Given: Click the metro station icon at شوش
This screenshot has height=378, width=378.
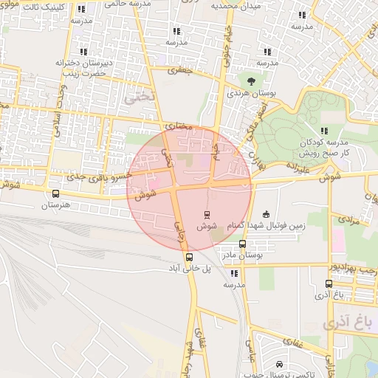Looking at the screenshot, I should pos(207,214).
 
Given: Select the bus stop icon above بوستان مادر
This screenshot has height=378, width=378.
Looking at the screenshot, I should pos(242,244).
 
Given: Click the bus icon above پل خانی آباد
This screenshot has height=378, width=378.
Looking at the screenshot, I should pos(190,258).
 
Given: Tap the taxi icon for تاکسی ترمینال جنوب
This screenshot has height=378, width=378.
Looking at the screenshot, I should pos(279,364).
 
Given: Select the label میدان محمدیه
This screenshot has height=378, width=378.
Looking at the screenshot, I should pos(237,5).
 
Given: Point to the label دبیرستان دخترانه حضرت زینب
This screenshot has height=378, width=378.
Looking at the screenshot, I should pos(83,68).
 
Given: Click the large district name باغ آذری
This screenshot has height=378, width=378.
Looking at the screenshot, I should pos(345,323).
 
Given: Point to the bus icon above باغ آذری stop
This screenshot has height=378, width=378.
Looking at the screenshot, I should pos(329,283).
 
